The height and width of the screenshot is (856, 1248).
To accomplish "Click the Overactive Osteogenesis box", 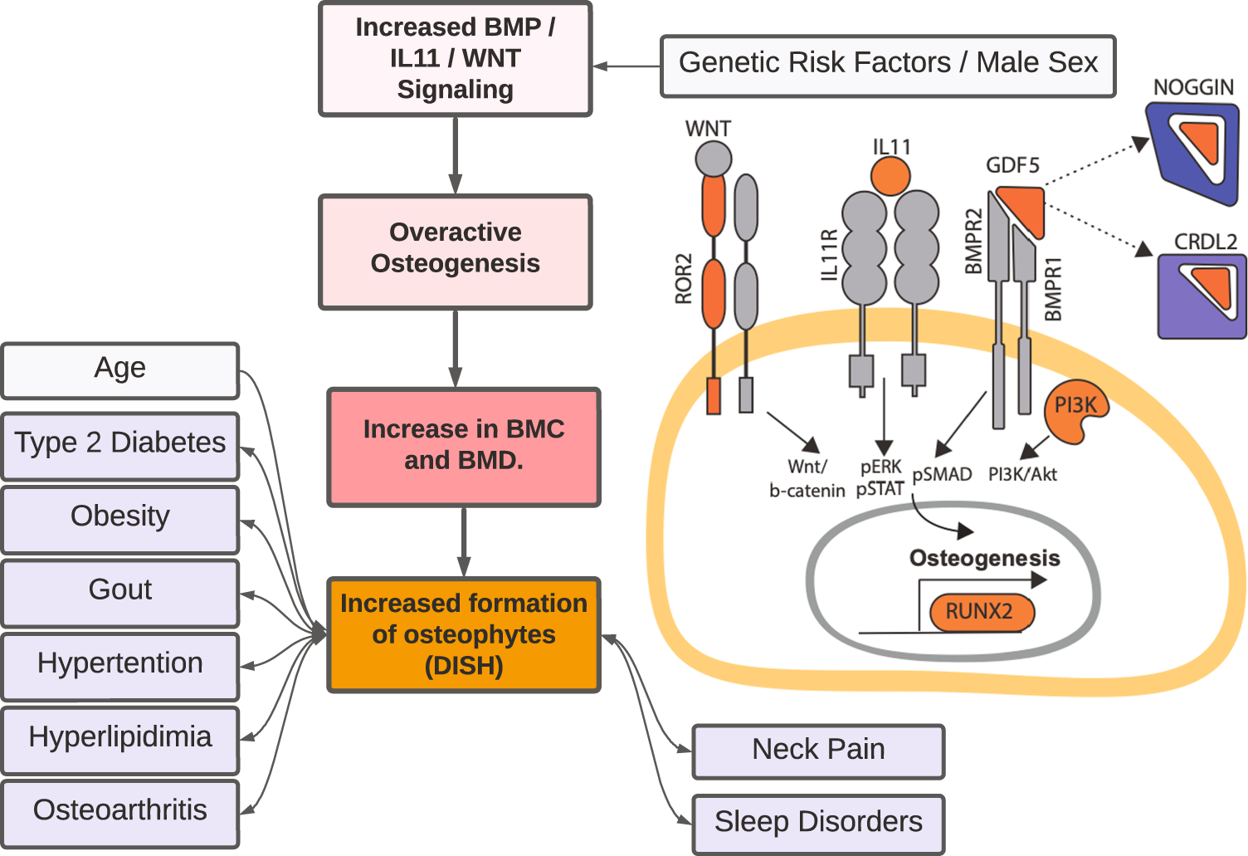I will tap(455, 252).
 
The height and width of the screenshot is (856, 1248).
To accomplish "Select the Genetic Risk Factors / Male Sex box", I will tap(887, 66).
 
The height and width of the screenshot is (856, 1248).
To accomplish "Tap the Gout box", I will tap(120, 593).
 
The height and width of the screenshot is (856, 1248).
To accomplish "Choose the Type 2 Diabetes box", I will tap(120, 446).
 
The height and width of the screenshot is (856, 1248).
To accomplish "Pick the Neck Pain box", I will tap(817, 751).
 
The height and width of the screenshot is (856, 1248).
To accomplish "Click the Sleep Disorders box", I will tap(817, 824).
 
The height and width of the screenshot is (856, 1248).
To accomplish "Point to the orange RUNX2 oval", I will tap(981, 613).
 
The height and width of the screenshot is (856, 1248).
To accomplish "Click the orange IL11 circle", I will tap(890, 176).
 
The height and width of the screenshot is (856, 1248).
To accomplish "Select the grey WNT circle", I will tap(713, 159).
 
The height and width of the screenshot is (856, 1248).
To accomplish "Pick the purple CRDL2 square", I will tap(1201, 296).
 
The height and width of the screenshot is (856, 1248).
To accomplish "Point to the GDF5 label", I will tap(1012, 165).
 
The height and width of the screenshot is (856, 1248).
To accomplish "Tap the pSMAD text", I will tap(942, 475).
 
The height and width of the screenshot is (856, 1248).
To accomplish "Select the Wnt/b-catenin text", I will tap(807, 479).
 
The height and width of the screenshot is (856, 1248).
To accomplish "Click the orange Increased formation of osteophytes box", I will tap(463, 635).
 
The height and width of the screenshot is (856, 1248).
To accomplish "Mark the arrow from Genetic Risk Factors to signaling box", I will tap(626, 66).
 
